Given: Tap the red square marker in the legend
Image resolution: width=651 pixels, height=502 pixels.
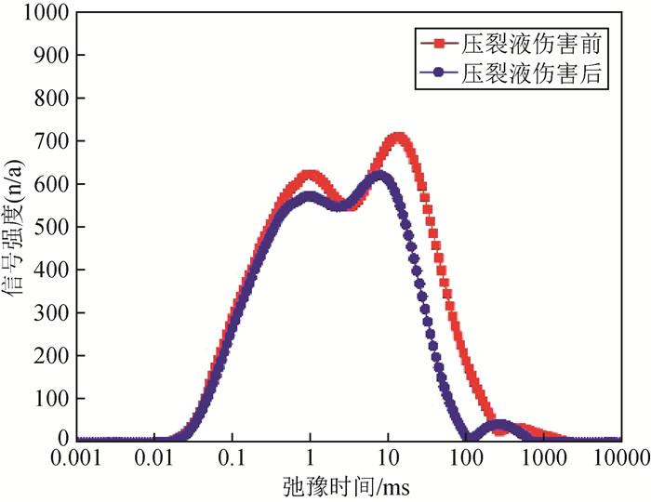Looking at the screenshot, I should pos(439,44).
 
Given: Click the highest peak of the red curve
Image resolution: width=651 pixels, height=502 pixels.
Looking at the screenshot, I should pos(399,138).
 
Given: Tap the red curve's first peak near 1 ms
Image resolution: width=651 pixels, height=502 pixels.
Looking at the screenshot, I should pos(311,174).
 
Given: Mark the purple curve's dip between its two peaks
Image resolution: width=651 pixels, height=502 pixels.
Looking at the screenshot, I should pos(340,205).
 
